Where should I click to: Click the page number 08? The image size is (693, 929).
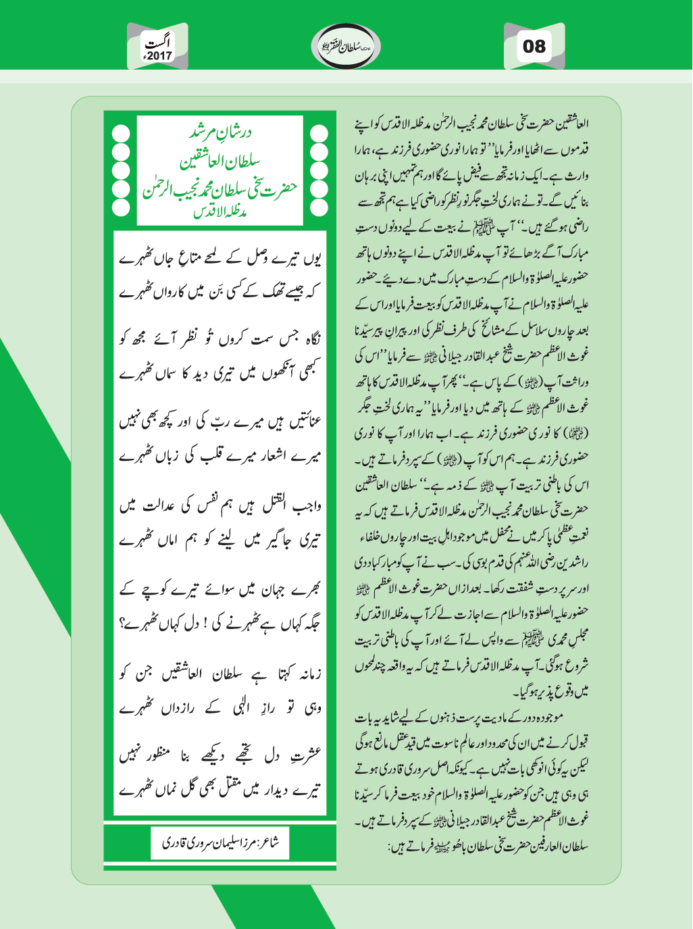pyautogui.click(x=534, y=46)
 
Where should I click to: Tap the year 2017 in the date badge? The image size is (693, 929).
pyautogui.click(x=159, y=56)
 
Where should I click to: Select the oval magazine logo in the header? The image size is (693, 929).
pyautogui.click(x=346, y=46)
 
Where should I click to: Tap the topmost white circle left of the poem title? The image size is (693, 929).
pyautogui.click(x=121, y=133)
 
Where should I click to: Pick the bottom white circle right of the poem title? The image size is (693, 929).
pyautogui.click(x=318, y=206)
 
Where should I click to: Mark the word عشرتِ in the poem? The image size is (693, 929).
pyautogui.click(x=305, y=755)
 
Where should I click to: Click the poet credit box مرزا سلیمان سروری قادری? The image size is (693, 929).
pyautogui.click(x=220, y=843)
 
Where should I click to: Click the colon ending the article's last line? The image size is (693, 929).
pyautogui.click(x=390, y=846)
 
